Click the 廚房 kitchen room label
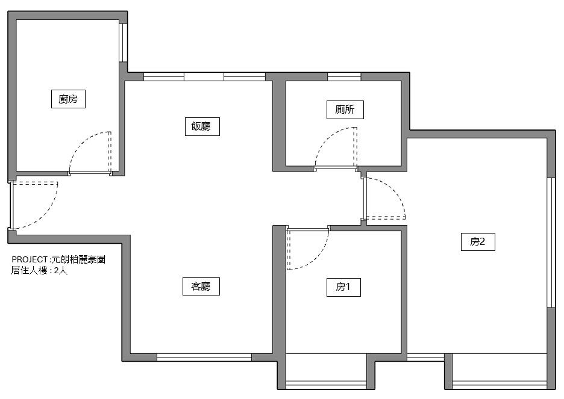pos(68,99)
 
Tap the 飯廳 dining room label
pos(201,126)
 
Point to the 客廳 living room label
pos(201,287)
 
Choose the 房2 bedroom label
pos(481,242)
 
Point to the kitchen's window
pos(123,43)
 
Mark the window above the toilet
pos(344,76)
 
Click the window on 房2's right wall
pos(550,242)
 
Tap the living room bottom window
pos(204,357)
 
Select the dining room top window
pos(204,76)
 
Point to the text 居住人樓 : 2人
pos(40,270)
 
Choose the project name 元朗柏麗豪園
pos(79,260)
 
